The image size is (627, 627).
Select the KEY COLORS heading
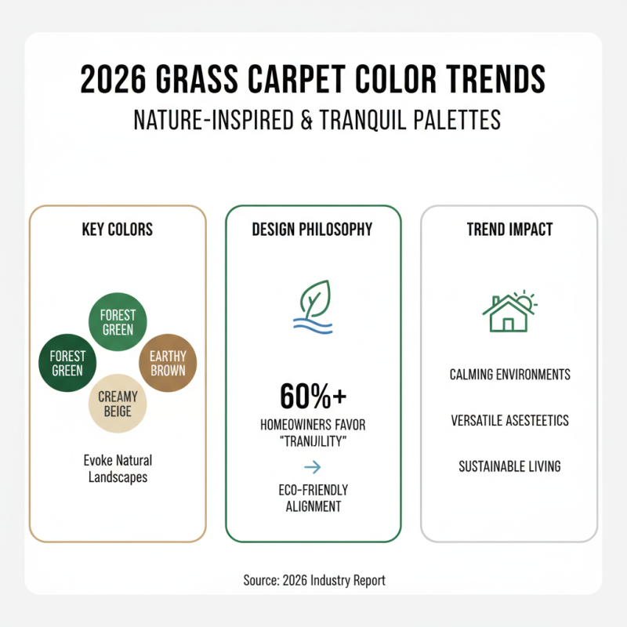(118, 230)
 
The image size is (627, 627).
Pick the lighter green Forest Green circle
(118, 321)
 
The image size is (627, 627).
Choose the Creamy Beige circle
(118, 405)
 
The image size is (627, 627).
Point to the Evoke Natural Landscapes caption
(118, 468)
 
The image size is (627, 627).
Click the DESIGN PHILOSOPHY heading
(313, 230)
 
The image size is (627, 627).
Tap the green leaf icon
(315, 298)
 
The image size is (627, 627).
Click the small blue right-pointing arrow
(313, 468)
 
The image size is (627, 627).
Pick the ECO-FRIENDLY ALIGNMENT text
(313, 498)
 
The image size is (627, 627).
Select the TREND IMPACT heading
(509, 230)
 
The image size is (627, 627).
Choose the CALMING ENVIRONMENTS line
(509, 375)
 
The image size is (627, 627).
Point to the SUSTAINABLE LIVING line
(509, 466)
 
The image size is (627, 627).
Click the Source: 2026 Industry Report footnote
(313, 581)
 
